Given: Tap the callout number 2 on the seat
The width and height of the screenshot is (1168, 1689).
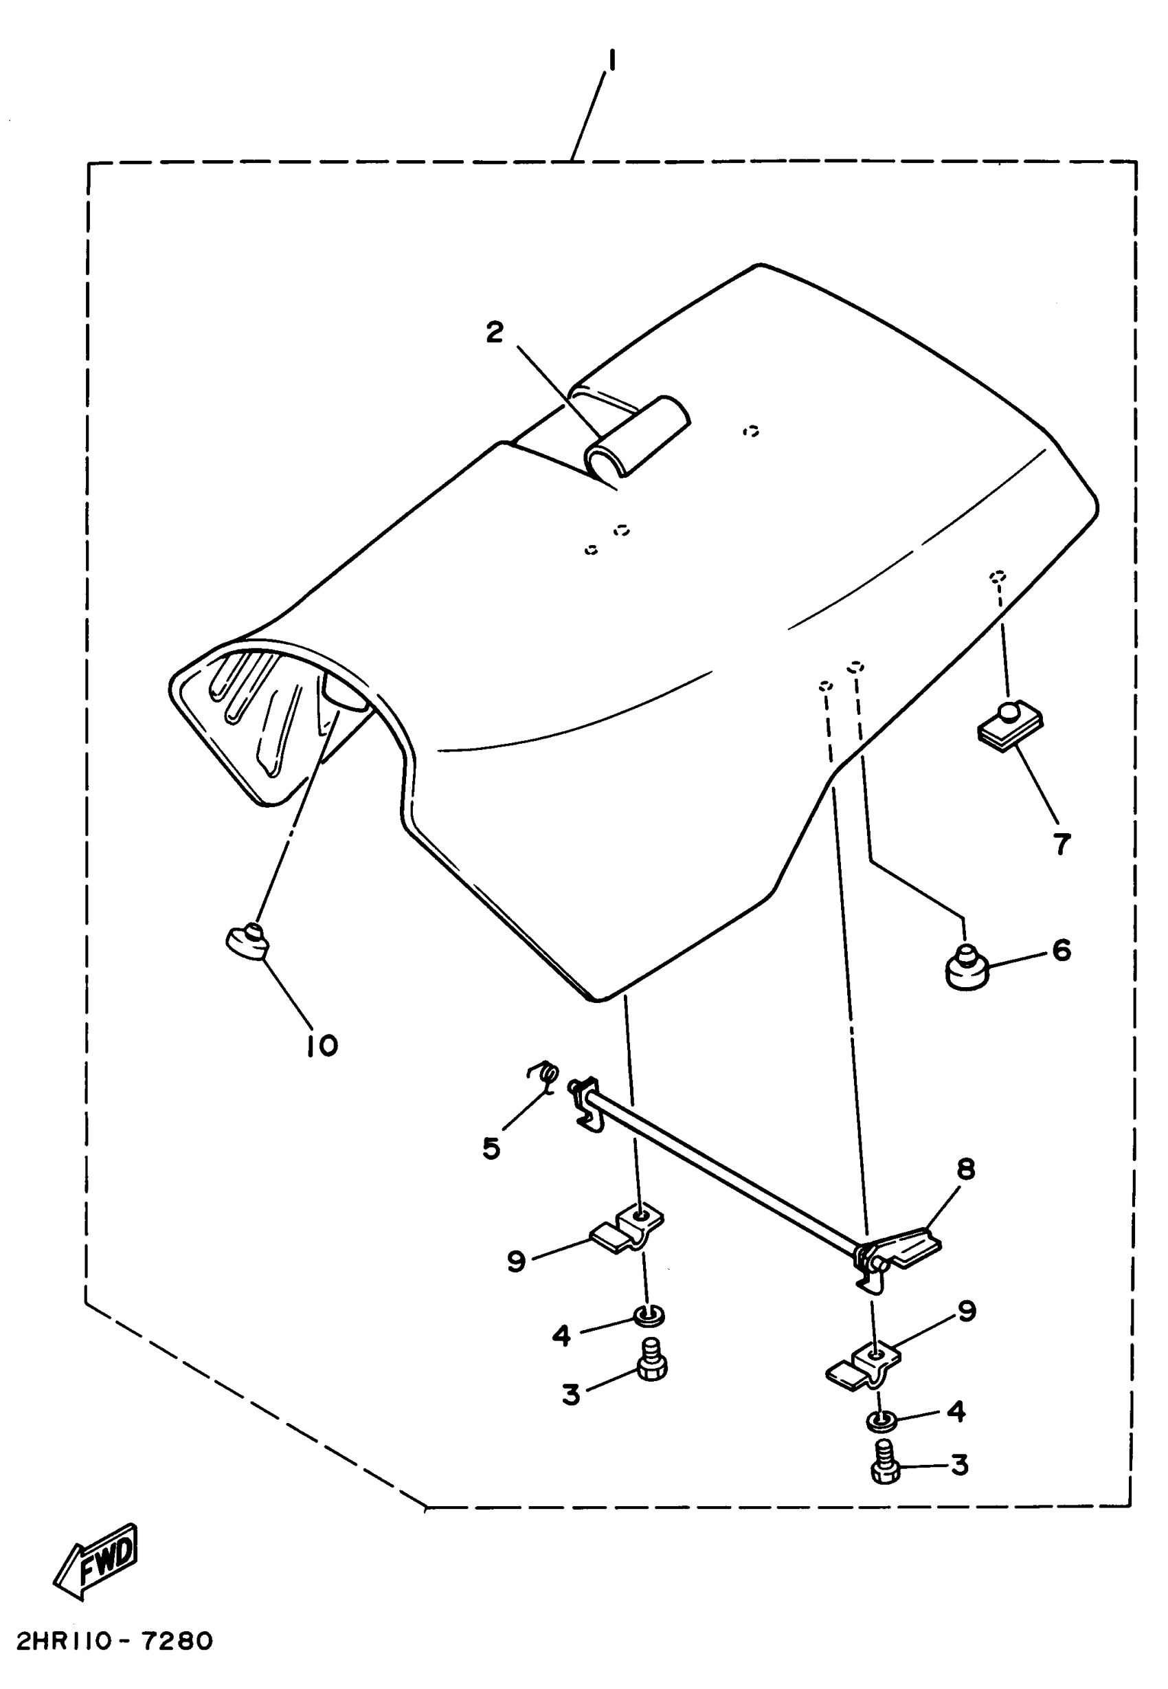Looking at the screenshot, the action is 495,333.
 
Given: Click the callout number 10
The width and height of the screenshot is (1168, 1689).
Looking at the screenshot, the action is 322,1046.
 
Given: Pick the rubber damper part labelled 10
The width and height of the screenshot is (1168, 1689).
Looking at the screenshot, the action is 248,942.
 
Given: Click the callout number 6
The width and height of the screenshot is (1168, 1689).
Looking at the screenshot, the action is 1061,950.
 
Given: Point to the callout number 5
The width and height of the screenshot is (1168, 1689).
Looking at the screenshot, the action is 491,1148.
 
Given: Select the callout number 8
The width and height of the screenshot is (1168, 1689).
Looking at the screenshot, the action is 966,1170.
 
